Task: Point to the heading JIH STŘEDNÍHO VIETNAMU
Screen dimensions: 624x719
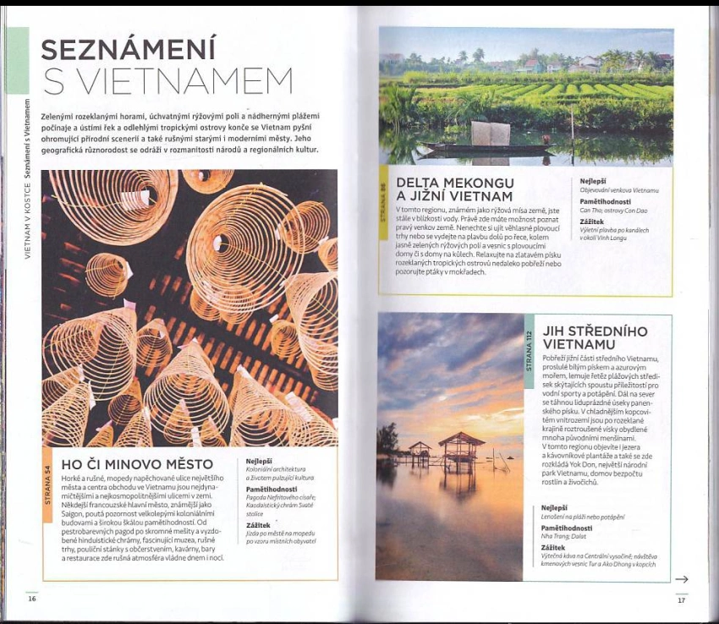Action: (596, 337)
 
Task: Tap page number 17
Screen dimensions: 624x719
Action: (680, 600)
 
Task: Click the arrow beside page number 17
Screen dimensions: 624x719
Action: (681, 579)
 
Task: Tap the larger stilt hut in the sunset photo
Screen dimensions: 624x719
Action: (461, 448)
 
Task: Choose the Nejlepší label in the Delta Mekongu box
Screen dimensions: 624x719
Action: (593, 181)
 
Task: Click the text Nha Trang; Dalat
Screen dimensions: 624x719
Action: (565, 537)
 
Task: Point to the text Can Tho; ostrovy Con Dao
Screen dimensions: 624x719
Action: (613, 211)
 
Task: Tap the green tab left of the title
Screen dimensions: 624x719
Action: (18, 60)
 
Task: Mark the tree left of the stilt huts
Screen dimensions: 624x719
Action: (387, 440)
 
